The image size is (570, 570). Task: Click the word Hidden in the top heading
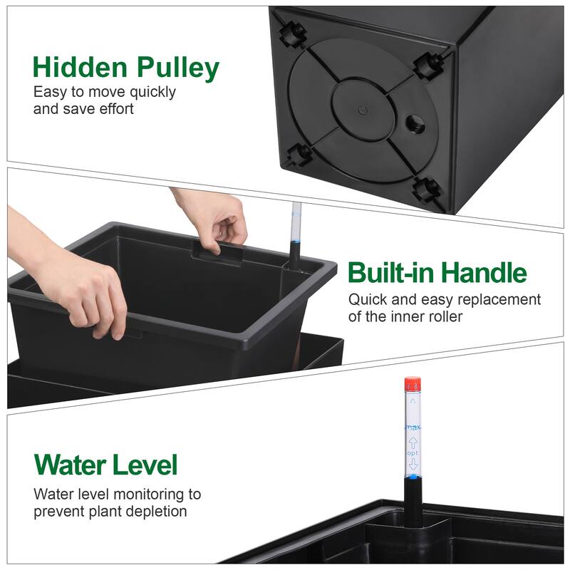tap(76, 68)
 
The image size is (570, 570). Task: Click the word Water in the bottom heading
tap(73, 465)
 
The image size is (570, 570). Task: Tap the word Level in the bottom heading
tap(147, 465)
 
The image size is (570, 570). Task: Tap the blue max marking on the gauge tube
tap(413, 427)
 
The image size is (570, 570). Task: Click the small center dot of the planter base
tap(362, 109)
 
